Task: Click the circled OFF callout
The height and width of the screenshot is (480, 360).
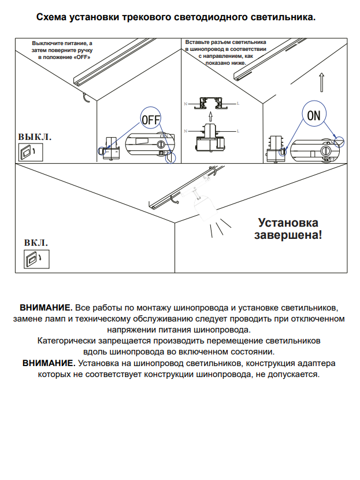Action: coord(150,120)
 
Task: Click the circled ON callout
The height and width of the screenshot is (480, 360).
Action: coord(314,115)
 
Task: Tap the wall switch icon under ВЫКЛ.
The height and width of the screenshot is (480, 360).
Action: coord(27,152)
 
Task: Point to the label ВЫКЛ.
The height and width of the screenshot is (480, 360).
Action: coord(35,137)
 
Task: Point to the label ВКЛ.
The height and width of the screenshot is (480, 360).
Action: coord(36,243)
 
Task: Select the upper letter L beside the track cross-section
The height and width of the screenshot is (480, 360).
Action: coord(237,103)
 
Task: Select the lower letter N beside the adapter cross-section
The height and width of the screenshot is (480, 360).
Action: coord(185,132)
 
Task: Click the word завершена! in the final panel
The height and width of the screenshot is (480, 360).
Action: coord(288,235)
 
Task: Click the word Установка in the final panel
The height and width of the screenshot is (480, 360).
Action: coord(288,223)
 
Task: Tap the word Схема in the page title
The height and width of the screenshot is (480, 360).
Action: coord(51,18)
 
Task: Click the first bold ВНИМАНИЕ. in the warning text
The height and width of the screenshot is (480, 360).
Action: coord(46,307)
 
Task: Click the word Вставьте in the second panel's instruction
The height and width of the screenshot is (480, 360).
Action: coord(198,42)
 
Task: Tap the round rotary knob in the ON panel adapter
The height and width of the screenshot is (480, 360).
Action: coord(326,150)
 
